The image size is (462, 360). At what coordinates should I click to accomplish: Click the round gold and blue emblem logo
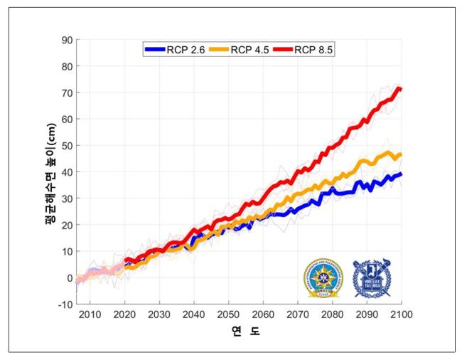click(323, 277)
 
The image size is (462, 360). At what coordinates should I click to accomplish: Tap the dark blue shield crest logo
click(372, 277)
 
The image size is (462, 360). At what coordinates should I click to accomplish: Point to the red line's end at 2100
click(400, 89)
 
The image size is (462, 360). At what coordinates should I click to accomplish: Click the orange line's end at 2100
click(400, 154)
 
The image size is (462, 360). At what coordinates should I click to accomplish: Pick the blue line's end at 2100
click(400, 174)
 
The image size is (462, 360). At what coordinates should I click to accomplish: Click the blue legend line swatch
click(154, 49)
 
